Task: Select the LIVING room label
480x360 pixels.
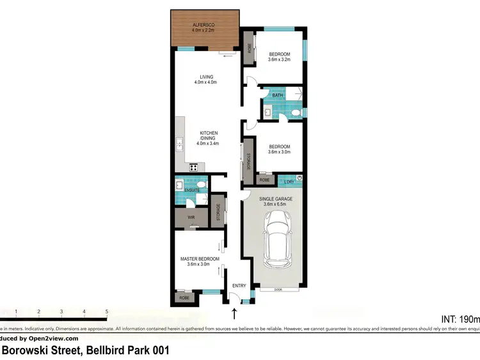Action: pos(205,77)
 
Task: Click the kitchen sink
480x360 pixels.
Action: pos(179,143)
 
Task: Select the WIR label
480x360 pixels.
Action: pos(191,217)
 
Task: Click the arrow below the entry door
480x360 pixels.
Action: pos(234,313)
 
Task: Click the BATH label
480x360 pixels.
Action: pos(277,95)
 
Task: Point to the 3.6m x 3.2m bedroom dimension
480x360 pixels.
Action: pos(279,59)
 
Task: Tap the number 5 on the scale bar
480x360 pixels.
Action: pos(107,311)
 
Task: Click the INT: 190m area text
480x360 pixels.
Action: pos(460,318)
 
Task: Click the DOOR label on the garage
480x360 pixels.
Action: pos(278,290)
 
